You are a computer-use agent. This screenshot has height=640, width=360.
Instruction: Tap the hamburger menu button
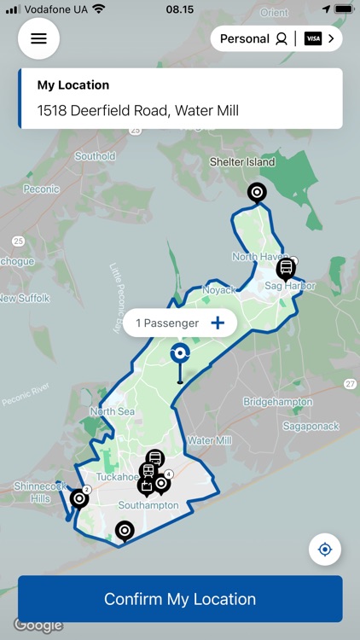pyautogui.click(x=38, y=38)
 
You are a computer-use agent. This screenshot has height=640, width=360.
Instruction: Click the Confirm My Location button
pyautogui.click(x=180, y=599)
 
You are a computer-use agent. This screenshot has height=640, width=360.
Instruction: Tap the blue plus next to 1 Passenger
pyautogui.click(x=218, y=323)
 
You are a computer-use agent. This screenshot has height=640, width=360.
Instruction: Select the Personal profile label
pyautogui.click(x=245, y=38)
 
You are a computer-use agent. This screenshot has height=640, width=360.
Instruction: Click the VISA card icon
pyautogui.click(x=313, y=38)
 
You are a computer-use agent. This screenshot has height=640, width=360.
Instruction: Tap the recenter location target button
pyautogui.click(x=324, y=550)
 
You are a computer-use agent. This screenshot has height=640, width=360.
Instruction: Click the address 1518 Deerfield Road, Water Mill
pyautogui.click(x=138, y=110)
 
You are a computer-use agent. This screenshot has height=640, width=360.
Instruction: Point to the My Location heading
pyautogui.click(x=73, y=85)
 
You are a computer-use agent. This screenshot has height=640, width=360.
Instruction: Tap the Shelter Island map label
pyautogui.click(x=243, y=162)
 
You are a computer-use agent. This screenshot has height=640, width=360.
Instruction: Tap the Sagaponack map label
pyautogui.click(x=311, y=425)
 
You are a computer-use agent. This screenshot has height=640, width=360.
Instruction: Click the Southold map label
pyautogui.click(x=95, y=156)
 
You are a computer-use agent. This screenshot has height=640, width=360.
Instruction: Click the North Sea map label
pyautogui.click(x=113, y=411)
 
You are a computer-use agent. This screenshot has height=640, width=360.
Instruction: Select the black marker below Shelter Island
pyautogui.click(x=257, y=192)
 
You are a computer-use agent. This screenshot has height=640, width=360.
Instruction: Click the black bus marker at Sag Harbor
pyautogui.click(x=287, y=269)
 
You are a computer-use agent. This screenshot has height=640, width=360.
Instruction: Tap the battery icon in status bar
pyautogui.click(x=343, y=9)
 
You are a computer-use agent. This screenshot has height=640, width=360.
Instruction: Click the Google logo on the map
pyautogui.click(x=38, y=625)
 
